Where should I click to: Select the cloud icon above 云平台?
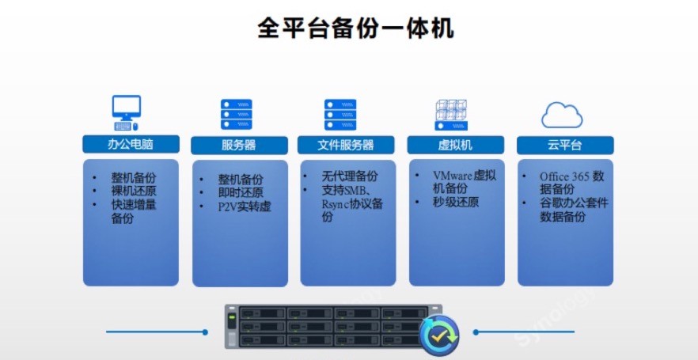point(562,114)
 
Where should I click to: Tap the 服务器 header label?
point(238,146)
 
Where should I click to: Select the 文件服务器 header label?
point(346,146)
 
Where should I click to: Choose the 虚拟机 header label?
point(454,146)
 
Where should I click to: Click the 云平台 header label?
point(564,146)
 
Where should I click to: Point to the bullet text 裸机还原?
point(133,191)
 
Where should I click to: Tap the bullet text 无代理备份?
point(349,176)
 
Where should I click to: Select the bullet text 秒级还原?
point(456,203)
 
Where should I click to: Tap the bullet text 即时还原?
point(241,193)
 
